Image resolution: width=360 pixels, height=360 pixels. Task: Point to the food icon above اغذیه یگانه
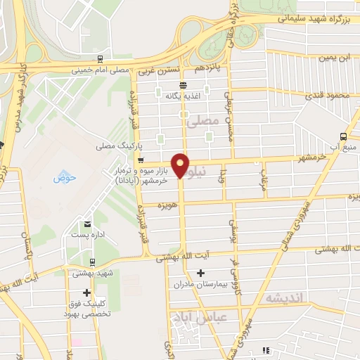(x=183, y=84)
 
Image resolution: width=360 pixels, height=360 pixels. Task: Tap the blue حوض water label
(x=63, y=177)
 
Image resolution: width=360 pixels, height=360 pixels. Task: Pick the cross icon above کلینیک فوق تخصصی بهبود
(x=87, y=292)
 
